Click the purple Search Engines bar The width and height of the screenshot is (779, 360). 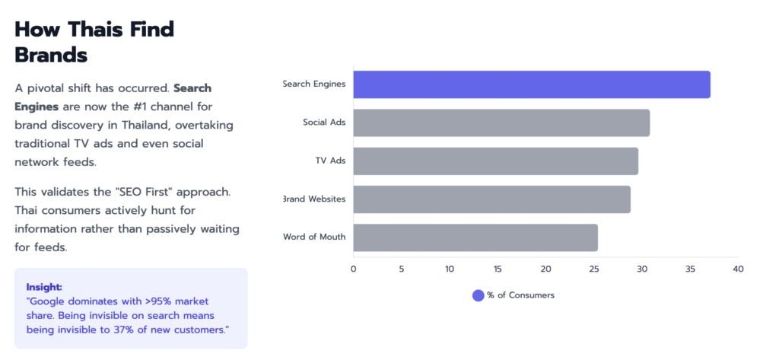coord(532,84)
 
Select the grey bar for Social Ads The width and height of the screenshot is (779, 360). coord(501,123)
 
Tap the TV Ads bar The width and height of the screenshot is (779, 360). coord(495,161)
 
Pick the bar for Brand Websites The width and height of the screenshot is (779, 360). coord(491,199)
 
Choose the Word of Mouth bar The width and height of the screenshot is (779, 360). coord(475,237)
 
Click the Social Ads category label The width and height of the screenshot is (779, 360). coord(324,122)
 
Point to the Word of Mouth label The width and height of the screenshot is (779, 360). coord(314,237)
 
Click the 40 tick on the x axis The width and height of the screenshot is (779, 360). coord(738,269)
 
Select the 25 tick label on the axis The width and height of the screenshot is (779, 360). coord(593,269)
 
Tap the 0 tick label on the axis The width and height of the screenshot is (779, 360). coord(353,269)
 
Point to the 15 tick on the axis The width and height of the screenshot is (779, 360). coord(498,269)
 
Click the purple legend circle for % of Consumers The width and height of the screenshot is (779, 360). coord(478,295)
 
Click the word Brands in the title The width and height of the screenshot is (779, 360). coord(51,55)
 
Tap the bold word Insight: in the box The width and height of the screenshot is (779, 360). coord(44,287)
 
